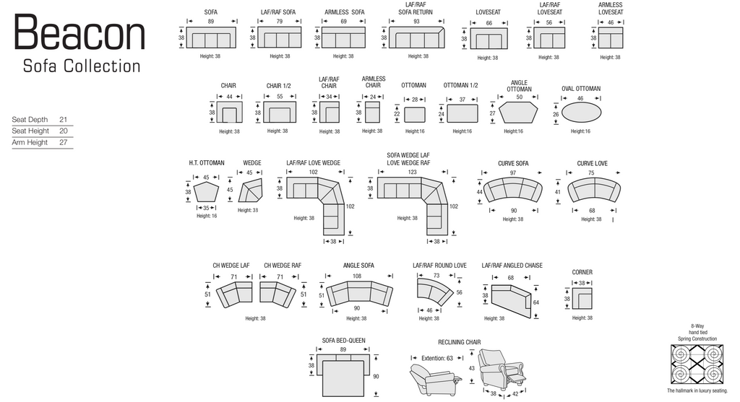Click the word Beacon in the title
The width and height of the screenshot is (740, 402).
(79, 34)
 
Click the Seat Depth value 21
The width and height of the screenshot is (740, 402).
(64, 119)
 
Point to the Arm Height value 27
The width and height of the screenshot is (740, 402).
(64, 142)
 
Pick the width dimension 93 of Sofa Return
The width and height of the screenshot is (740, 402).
(416, 22)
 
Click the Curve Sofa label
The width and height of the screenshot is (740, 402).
(513, 163)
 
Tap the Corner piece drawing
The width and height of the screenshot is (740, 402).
(584, 297)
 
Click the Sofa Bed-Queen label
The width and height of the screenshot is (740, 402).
(344, 340)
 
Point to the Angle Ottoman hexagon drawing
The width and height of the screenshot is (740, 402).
(519, 113)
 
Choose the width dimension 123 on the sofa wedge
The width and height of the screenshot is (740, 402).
(412, 172)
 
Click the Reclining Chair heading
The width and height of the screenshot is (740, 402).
(459, 342)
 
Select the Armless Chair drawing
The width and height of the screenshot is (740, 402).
(373, 113)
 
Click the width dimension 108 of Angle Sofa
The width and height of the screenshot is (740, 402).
(356, 276)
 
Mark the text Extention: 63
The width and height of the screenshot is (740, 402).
(438, 357)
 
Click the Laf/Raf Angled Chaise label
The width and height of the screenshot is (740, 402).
(512, 266)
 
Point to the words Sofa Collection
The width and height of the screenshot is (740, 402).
(82, 66)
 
